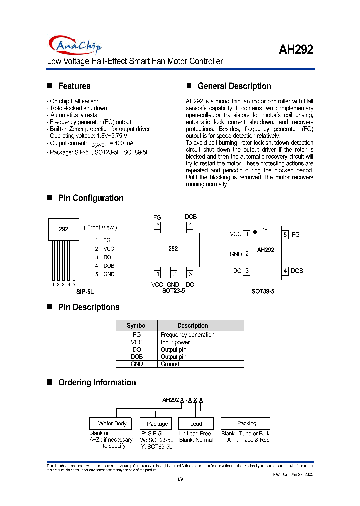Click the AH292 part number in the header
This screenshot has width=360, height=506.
click(x=296, y=50)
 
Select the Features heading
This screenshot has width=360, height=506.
click(x=74, y=86)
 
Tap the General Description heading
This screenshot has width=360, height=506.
click(x=234, y=86)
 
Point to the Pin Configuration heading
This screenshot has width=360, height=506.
click(x=91, y=198)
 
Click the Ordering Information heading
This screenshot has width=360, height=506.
click(x=97, y=383)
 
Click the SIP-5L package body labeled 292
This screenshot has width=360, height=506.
click(x=64, y=229)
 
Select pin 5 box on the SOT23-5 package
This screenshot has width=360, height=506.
click(x=157, y=225)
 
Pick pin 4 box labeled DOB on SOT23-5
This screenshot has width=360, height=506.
click(x=190, y=225)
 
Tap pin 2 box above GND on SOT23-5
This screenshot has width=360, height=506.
click(x=174, y=273)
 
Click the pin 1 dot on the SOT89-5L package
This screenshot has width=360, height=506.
click(x=255, y=232)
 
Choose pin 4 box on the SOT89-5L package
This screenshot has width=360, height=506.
click(x=285, y=271)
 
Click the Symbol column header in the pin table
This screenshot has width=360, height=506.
click(x=136, y=326)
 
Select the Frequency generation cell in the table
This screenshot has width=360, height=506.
click(x=188, y=335)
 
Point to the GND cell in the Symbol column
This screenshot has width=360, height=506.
click(x=136, y=364)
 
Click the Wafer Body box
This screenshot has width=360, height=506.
click(x=112, y=423)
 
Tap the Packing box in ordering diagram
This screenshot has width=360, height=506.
click(x=246, y=423)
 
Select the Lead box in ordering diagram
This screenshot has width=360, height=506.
click(x=196, y=424)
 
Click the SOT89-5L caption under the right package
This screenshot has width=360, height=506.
click(x=264, y=291)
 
